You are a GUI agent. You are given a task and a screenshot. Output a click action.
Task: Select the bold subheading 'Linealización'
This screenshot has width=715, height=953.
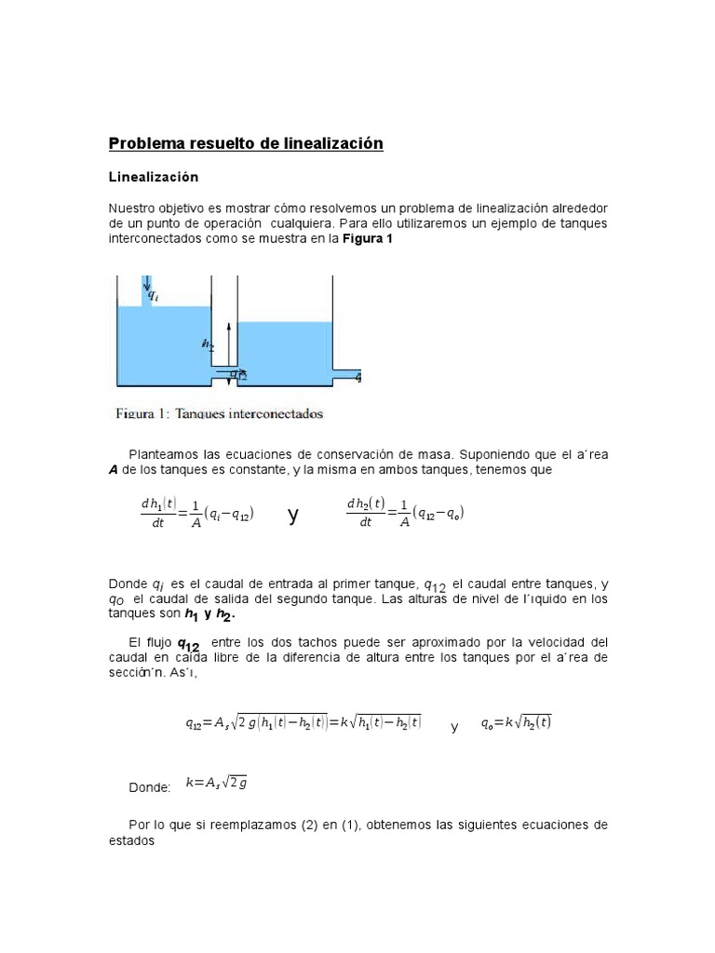(x=154, y=176)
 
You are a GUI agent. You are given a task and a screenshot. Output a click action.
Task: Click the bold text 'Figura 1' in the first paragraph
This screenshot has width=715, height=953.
(x=370, y=239)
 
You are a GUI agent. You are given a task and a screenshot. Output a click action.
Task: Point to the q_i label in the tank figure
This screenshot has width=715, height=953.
(x=164, y=299)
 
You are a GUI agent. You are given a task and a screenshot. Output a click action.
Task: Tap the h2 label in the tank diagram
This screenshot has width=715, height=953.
(x=208, y=343)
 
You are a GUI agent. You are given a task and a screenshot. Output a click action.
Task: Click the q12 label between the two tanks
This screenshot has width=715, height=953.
(x=238, y=375)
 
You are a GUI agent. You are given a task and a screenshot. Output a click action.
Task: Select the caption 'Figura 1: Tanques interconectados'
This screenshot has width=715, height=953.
(x=220, y=412)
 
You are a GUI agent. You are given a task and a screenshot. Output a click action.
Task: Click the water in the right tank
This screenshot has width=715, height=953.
(x=285, y=349)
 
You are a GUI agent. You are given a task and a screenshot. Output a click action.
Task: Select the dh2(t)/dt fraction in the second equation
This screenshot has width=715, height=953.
(x=365, y=513)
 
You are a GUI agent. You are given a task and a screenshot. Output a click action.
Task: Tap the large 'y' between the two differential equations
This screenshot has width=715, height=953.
(x=293, y=515)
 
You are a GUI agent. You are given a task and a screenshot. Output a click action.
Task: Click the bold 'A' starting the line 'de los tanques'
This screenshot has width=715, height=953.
(x=114, y=471)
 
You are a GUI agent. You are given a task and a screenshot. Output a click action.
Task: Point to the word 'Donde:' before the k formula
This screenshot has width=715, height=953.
(x=150, y=787)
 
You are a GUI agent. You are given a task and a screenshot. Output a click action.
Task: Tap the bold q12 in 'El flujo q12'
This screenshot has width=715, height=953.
(x=189, y=645)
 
